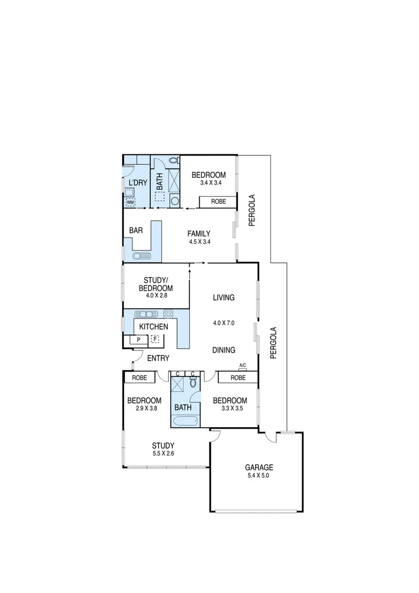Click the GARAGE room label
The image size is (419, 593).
pyautogui.click(x=259, y=468)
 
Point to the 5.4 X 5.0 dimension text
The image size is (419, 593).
pyautogui.click(x=259, y=476)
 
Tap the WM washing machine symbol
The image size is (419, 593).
pyautogui.click(x=130, y=203)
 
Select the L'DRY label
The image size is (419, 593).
pyautogui.click(x=137, y=183)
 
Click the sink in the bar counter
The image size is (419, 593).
pyautogui.click(x=141, y=256)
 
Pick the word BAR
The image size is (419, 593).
pyautogui.click(x=135, y=231)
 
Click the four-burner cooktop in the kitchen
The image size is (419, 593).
pyautogui.click(x=168, y=314)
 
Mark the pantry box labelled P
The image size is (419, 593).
pyautogui.click(x=138, y=340)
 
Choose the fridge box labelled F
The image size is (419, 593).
pyautogui.click(x=155, y=340)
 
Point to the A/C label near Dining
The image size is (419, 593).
pyautogui.click(x=242, y=365)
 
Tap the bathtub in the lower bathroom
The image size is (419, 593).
pyautogui.click(x=184, y=422)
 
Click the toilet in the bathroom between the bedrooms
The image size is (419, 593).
pyautogui.click(x=192, y=384)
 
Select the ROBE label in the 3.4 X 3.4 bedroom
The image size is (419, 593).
pyautogui.click(x=218, y=202)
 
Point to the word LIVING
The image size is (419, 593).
pyautogui.click(x=224, y=298)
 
